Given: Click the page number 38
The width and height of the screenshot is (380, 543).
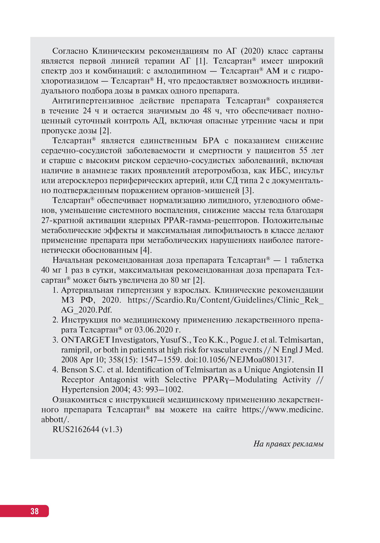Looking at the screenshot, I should [x=35, y=511].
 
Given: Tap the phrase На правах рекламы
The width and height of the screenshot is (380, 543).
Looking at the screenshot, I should [x=288, y=444].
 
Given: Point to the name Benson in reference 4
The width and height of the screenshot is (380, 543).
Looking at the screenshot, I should [x=74, y=370].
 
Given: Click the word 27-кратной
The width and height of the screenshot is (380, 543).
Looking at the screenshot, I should [x=62, y=220].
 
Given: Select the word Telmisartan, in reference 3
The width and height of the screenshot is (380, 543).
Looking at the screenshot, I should [x=301, y=340].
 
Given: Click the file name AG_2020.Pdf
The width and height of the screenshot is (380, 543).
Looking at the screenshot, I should [x=87, y=310].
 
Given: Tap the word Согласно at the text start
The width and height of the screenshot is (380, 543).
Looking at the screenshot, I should [x=70, y=51].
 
